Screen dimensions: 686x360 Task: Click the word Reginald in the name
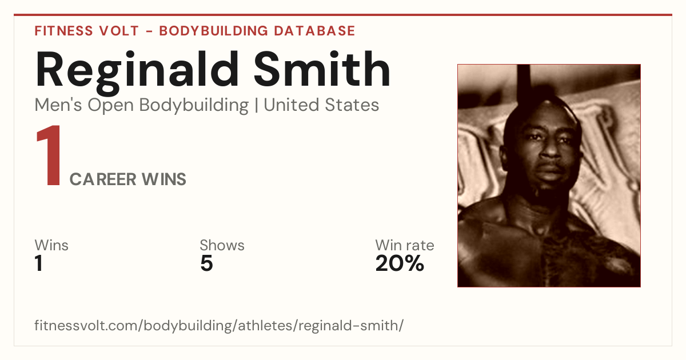[137, 72]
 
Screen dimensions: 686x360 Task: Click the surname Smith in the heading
[322, 70]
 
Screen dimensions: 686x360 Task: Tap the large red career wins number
[49, 155]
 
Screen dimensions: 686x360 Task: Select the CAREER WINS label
[127, 179]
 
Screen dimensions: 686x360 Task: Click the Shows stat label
[222, 245]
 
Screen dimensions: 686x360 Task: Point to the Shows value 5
[207, 263]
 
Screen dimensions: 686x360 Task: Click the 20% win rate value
[400, 263]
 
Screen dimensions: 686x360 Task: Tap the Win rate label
[405, 245]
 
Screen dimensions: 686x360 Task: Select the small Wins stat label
[51, 245]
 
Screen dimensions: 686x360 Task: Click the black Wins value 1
[39, 263]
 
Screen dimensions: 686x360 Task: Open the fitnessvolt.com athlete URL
[219, 325]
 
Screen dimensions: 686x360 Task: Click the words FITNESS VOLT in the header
[87, 31]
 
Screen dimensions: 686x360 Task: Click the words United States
[321, 105]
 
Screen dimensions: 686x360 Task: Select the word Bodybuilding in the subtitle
[194, 106]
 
